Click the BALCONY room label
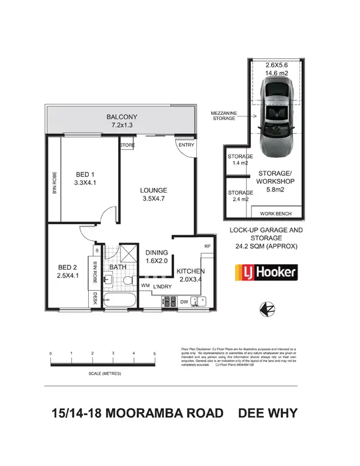(x=122, y=116)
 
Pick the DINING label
(x=157, y=253)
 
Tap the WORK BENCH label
(x=274, y=214)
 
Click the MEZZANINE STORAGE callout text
(x=224, y=116)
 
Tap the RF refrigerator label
(x=208, y=246)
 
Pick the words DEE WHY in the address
(x=268, y=414)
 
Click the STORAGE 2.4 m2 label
(x=238, y=196)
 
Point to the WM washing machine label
(x=145, y=286)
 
